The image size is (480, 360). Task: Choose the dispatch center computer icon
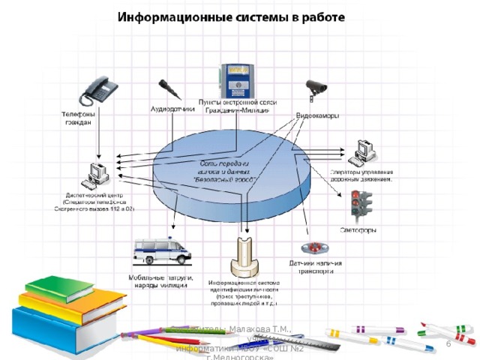click(95, 175)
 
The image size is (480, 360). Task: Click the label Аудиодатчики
click(173, 109)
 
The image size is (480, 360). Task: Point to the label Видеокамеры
click(317, 116)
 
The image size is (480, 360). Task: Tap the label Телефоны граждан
click(78, 118)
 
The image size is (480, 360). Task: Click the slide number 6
click(448, 343)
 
